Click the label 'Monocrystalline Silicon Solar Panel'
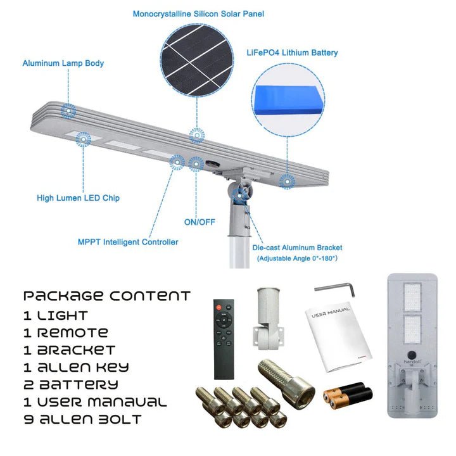point(198,14)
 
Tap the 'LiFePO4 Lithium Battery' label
point(292,53)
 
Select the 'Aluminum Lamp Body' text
point(63,63)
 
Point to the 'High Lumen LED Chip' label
point(78,198)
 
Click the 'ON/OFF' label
point(199,222)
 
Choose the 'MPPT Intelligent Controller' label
point(128,242)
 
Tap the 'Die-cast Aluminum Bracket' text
point(297,248)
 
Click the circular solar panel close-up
point(197,60)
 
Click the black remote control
point(224,339)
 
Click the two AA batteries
point(348,396)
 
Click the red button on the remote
point(218,307)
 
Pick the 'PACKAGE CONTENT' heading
point(107,296)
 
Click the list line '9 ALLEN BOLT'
point(82,419)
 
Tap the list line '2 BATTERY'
point(71,385)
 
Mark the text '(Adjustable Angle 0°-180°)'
point(297,258)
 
